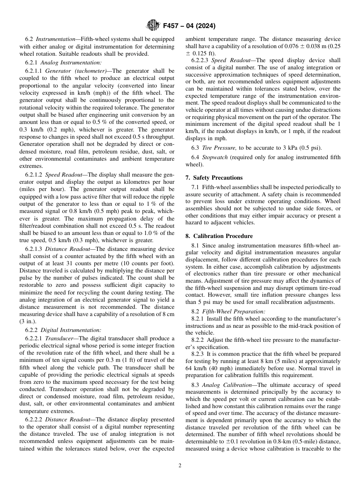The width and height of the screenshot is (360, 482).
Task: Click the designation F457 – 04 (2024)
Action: tap(189, 26)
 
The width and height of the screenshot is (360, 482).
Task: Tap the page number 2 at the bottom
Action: tap(180, 466)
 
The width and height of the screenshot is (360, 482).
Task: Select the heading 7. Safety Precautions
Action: tap(214, 177)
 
